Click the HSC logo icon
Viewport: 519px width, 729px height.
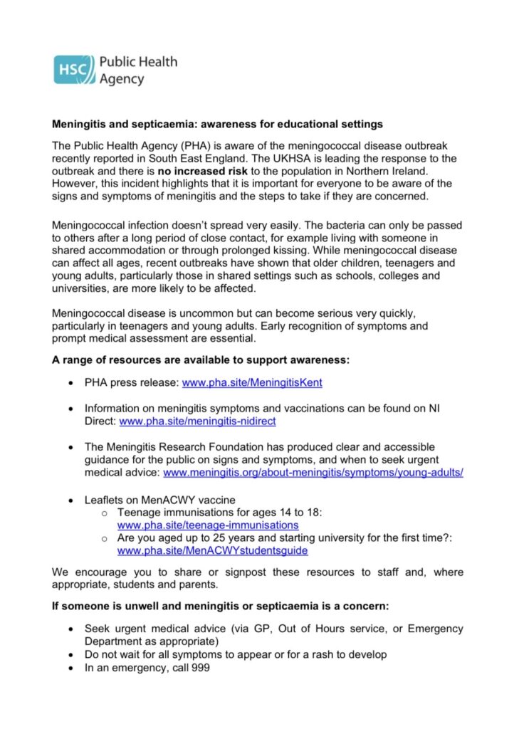pos(73,69)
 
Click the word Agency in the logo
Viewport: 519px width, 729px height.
pos(121,79)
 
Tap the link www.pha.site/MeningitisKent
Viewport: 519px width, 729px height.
pos(252,382)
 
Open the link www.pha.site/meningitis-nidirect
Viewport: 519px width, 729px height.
pos(197,421)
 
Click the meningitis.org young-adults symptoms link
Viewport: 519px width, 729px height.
pos(313,472)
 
